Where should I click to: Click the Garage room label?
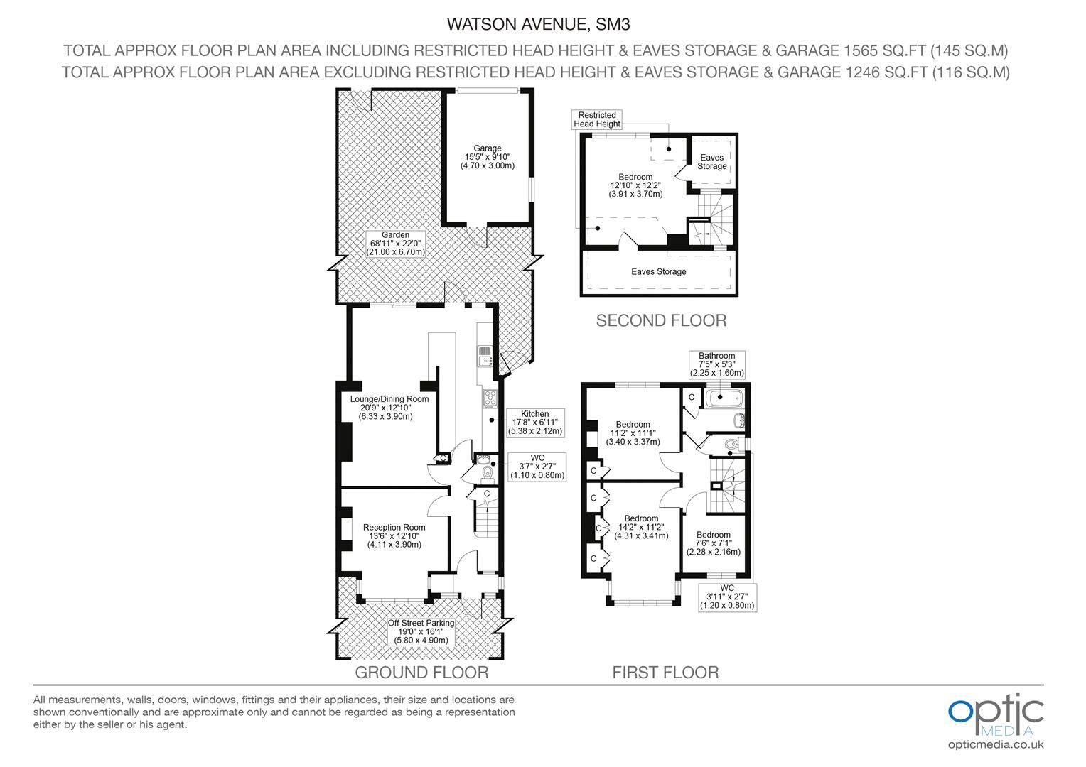pos(488,157)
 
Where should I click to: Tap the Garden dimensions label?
pos(396,244)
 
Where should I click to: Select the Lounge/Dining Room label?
pos(389,408)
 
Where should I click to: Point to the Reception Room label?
pos(394,536)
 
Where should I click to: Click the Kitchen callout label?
pos(535,423)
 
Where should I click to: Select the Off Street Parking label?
pos(421,631)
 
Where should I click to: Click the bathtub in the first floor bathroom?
pos(724,398)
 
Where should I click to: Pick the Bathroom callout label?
pos(716,364)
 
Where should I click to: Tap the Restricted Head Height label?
pos(597,120)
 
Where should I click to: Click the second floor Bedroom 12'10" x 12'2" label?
pos(635,185)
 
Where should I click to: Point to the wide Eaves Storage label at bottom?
pos(658,272)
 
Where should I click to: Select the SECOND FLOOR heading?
pos(661,321)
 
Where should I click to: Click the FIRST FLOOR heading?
pos(665,673)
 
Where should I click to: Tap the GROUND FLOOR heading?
pos(421,673)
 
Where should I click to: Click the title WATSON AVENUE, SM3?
pos(538,24)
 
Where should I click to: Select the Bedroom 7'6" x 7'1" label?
pos(713,543)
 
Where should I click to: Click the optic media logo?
pos(996,722)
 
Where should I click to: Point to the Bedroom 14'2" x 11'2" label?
pos(641,527)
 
